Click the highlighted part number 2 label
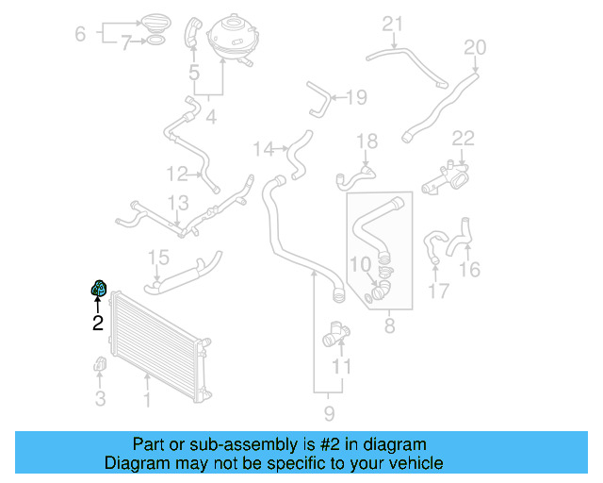click(97, 324)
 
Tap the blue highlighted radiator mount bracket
click(97, 288)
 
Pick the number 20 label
click(475, 47)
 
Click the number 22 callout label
click(463, 139)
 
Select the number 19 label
click(356, 96)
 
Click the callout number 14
click(263, 148)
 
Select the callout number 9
click(329, 412)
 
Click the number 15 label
click(158, 258)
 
